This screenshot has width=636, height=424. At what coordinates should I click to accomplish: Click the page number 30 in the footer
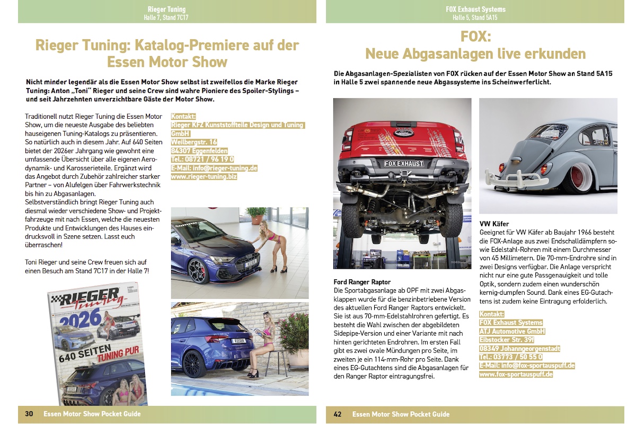coord(29,414)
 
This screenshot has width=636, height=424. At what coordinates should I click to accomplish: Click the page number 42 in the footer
coord(338,414)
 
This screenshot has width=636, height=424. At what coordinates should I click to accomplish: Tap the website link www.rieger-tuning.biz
coord(204,176)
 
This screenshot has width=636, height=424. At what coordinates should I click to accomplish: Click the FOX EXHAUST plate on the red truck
coord(404,163)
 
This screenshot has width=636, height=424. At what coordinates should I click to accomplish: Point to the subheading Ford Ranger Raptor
coord(361,281)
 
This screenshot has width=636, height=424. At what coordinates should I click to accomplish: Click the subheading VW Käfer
coord(494,224)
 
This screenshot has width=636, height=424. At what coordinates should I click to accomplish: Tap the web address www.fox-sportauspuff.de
coord(516,374)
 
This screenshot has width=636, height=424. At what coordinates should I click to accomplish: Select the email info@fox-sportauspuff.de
coord(527,366)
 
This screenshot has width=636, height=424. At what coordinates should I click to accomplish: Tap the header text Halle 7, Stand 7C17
coord(166,17)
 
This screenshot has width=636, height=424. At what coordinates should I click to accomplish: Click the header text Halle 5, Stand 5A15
coord(475,17)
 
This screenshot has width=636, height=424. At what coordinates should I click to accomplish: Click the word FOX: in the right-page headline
coord(475,37)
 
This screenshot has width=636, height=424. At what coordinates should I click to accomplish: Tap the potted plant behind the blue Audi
coord(258,215)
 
